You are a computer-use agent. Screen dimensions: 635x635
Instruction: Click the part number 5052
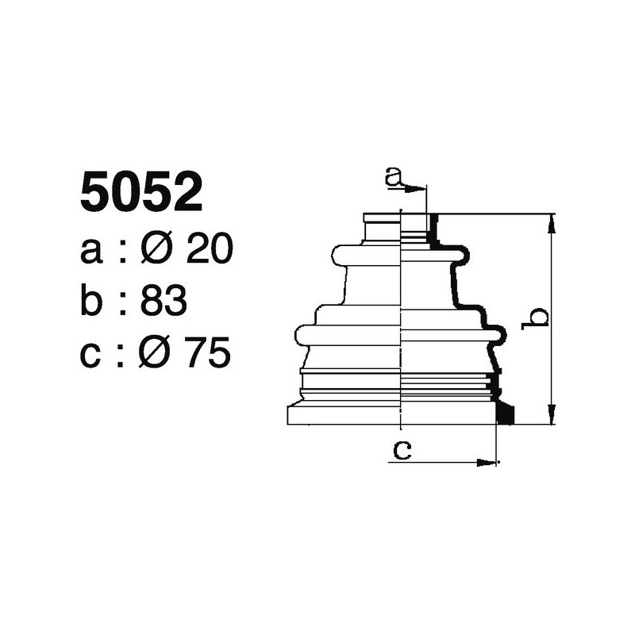[x=141, y=193]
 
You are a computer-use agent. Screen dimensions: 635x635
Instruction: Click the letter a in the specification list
[x=91, y=252]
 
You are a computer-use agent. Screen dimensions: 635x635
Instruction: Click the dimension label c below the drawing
[x=402, y=450]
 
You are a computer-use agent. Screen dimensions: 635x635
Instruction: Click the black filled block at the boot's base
[x=505, y=414]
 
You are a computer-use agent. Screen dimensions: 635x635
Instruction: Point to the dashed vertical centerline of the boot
[x=402, y=317]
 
